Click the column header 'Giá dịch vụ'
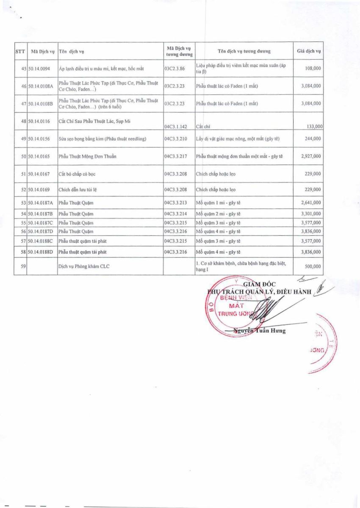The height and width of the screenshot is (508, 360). point(309,52)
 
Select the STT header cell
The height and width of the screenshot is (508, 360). point(20,52)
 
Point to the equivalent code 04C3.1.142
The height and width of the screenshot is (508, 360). point(176,126)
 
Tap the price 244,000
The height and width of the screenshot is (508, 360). point(313,139)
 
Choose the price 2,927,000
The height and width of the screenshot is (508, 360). point(311,156)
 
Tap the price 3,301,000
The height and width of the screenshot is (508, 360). point(311,214)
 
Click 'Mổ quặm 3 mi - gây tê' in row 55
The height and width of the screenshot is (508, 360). point(219,223)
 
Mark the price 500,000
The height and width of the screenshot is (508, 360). point(313,267)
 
